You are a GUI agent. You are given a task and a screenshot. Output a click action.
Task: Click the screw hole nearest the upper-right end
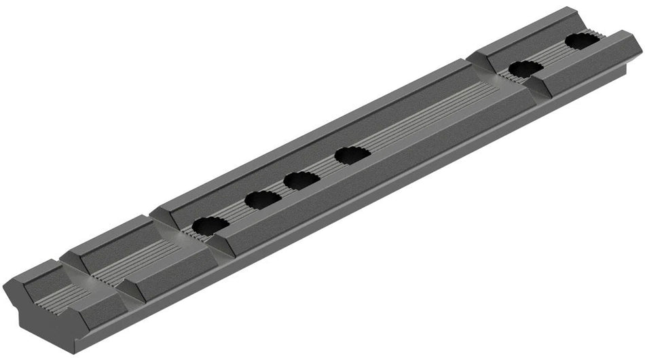pos(582,41)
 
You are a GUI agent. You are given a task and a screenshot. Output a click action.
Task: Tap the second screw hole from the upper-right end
pos(526,69)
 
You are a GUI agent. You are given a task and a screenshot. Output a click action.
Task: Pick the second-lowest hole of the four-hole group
pos(263,200)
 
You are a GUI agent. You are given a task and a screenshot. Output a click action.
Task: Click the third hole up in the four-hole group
pos(302,180)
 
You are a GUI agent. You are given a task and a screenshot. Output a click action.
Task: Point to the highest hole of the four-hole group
pos(352,155)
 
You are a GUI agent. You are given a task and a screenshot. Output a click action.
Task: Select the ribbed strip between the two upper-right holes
pos(553,55)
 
